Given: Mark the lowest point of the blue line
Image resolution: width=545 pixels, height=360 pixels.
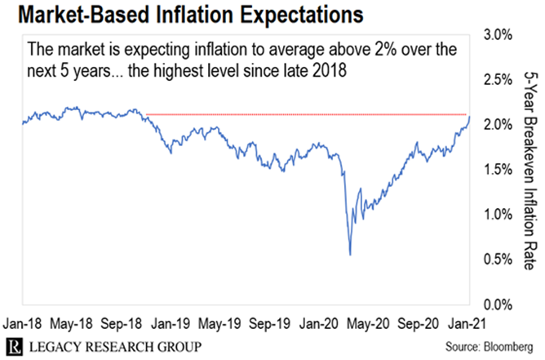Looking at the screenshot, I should [x=350, y=255].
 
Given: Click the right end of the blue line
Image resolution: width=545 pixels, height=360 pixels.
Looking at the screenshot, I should [x=470, y=117].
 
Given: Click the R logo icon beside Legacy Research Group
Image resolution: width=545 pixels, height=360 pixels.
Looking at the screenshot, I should [x=15, y=345].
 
